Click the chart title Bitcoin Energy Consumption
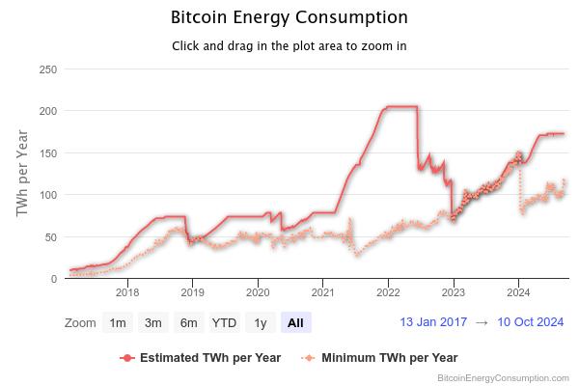click(289, 17)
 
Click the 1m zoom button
click(118, 322)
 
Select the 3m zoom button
click(152, 322)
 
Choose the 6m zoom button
click(188, 322)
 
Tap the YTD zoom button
click(224, 322)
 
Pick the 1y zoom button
click(260, 322)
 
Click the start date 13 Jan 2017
click(433, 322)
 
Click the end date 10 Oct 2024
click(530, 322)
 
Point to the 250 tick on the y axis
click(46, 69)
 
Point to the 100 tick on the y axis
click(46, 195)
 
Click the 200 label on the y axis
click(46, 111)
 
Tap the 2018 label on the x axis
click(127, 290)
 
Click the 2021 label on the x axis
click(322, 290)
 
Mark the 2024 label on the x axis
click(518, 290)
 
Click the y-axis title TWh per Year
click(23, 174)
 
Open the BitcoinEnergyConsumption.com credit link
click(503, 378)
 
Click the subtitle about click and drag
click(289, 45)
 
